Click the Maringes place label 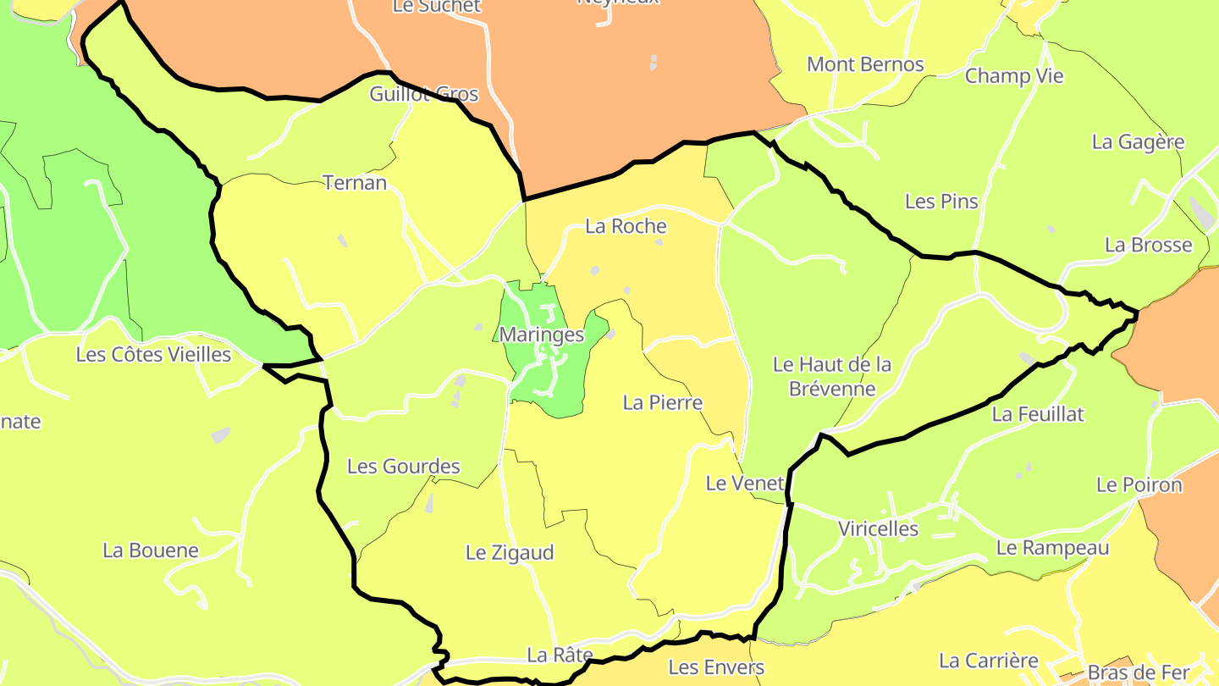pyautogui.click(x=542, y=335)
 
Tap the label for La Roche pyautogui.click(x=626, y=226)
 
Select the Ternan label pyautogui.click(x=355, y=182)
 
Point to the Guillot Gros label pyautogui.click(x=424, y=94)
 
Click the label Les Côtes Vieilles pyautogui.click(x=153, y=354)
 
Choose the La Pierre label pyautogui.click(x=663, y=402)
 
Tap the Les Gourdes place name pyautogui.click(x=404, y=466)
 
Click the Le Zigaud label pyautogui.click(x=510, y=553)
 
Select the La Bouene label pyautogui.click(x=151, y=550)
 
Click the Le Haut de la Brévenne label pyautogui.click(x=832, y=376)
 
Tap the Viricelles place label pyautogui.click(x=878, y=528)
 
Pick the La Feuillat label pyautogui.click(x=1038, y=414)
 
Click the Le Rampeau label pyautogui.click(x=1052, y=547)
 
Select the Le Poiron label pyautogui.click(x=1139, y=485)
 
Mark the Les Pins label pyautogui.click(x=941, y=202)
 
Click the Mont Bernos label pyautogui.click(x=865, y=64)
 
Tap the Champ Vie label pyautogui.click(x=1014, y=75)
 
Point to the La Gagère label pyautogui.click(x=1138, y=141)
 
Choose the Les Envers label pyautogui.click(x=716, y=667)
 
